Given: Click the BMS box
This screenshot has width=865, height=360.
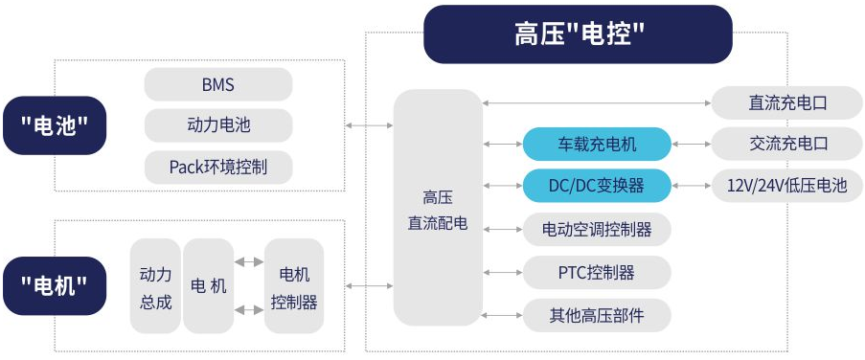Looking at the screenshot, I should [218, 85].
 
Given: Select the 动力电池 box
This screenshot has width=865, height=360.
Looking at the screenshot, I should [218, 125].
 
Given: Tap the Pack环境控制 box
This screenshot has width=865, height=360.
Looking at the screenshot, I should [218, 168].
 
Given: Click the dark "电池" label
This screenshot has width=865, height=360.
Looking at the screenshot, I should [54, 125].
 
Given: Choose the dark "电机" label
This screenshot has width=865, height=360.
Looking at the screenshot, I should [54, 285].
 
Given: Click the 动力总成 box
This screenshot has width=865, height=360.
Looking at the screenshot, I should [155, 286].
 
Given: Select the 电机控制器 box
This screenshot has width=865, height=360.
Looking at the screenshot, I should [294, 286].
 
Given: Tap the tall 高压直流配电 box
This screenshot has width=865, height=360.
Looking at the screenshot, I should [438, 207].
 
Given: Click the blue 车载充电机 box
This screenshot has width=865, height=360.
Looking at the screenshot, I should [597, 145].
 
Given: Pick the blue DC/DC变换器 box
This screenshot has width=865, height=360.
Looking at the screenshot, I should [597, 186].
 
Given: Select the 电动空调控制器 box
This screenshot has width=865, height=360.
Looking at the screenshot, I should [597, 230].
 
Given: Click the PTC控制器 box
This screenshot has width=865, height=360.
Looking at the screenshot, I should [597, 272].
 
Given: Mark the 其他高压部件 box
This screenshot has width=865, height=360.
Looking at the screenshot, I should [597, 315].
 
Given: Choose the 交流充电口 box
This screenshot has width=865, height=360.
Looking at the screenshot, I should [787, 145].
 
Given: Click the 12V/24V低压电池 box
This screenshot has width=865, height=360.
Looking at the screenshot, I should [787, 186].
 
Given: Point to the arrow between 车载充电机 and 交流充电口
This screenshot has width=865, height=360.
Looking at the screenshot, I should [691, 145].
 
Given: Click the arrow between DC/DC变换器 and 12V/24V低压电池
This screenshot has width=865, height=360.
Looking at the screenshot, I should [691, 186].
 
